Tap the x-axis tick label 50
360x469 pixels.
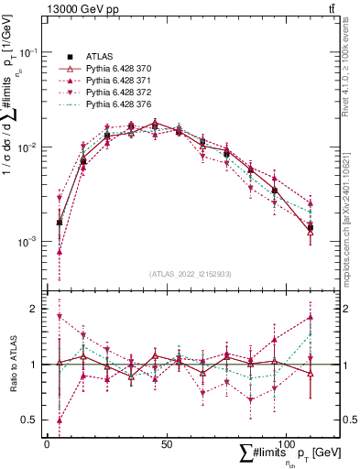[166, 443]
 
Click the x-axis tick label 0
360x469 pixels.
[47, 443]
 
